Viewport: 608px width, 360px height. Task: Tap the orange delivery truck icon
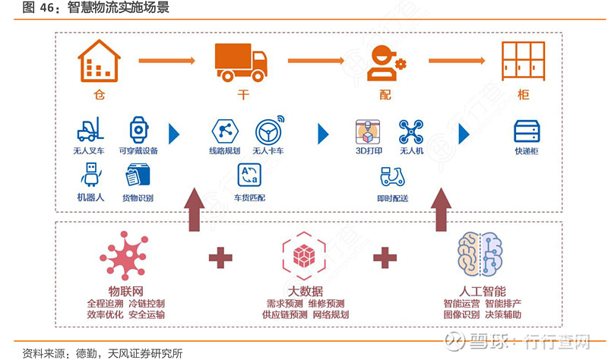(x=241, y=62)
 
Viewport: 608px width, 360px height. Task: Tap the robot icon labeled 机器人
(x=91, y=175)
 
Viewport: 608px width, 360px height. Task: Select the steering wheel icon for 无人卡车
(x=268, y=130)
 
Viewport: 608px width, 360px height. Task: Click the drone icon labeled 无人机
(x=411, y=131)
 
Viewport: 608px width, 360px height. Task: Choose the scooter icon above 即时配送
(x=392, y=177)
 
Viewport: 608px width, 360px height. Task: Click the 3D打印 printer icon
(x=368, y=131)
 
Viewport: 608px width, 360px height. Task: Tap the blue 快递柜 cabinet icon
(x=526, y=131)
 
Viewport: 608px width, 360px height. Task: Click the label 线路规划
(x=224, y=151)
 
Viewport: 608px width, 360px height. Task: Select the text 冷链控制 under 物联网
(x=147, y=303)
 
